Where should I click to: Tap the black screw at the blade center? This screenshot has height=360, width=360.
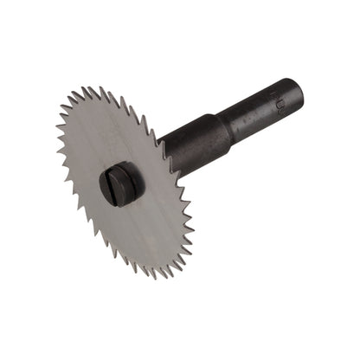[119, 183]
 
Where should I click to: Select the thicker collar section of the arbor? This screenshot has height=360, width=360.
[194, 141]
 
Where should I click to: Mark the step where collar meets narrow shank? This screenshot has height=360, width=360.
[228, 121]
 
